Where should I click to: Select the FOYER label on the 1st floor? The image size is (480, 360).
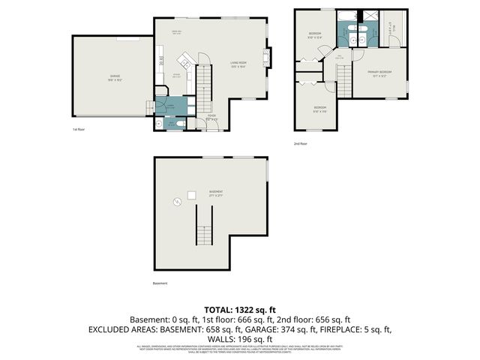(211, 118)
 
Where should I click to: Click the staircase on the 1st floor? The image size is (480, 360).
(204, 85)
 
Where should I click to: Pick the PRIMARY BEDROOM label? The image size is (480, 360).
(379, 72)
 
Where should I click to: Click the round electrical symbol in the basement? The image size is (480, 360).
(178, 201)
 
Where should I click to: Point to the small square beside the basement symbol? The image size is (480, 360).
(191, 195)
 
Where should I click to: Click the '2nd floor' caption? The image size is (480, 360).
(301, 142)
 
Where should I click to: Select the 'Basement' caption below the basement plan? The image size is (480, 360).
(160, 283)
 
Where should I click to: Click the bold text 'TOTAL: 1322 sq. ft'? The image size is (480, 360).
(240, 309)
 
